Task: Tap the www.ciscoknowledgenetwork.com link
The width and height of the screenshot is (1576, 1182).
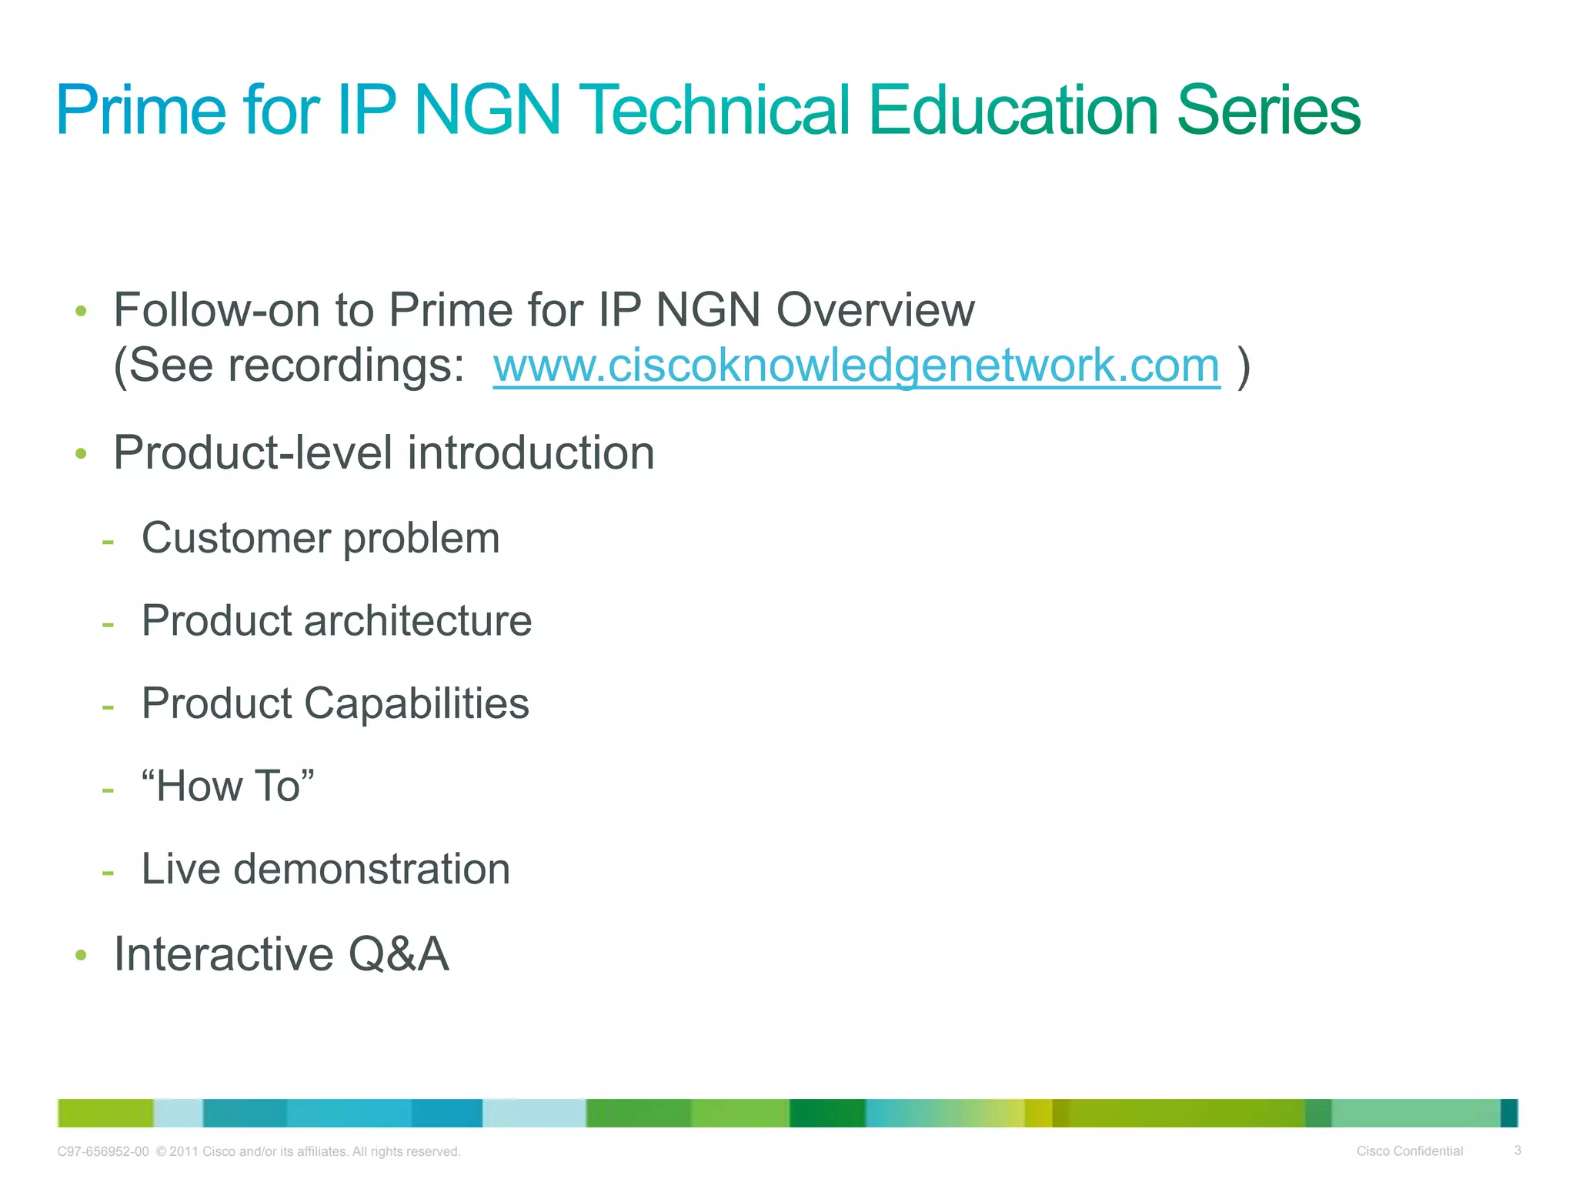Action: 856,365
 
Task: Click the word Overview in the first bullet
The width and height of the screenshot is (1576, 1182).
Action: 875,310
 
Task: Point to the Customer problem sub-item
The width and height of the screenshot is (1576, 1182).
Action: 320,537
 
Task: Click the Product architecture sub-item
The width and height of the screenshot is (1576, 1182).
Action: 336,620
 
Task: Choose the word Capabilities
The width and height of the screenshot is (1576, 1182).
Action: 416,703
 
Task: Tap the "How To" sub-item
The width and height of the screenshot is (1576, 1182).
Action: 228,786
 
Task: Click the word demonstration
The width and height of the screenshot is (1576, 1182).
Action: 372,869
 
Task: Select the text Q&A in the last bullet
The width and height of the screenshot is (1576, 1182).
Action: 398,954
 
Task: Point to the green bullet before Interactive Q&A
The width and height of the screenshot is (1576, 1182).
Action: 81,956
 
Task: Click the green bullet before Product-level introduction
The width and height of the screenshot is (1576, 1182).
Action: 81,454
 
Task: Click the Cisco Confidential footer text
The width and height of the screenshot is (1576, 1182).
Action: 1409,1151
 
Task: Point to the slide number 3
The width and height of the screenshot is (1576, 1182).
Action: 1518,1150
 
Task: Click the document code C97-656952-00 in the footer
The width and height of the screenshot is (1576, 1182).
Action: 103,1152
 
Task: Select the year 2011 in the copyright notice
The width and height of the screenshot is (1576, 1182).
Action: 184,1152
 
